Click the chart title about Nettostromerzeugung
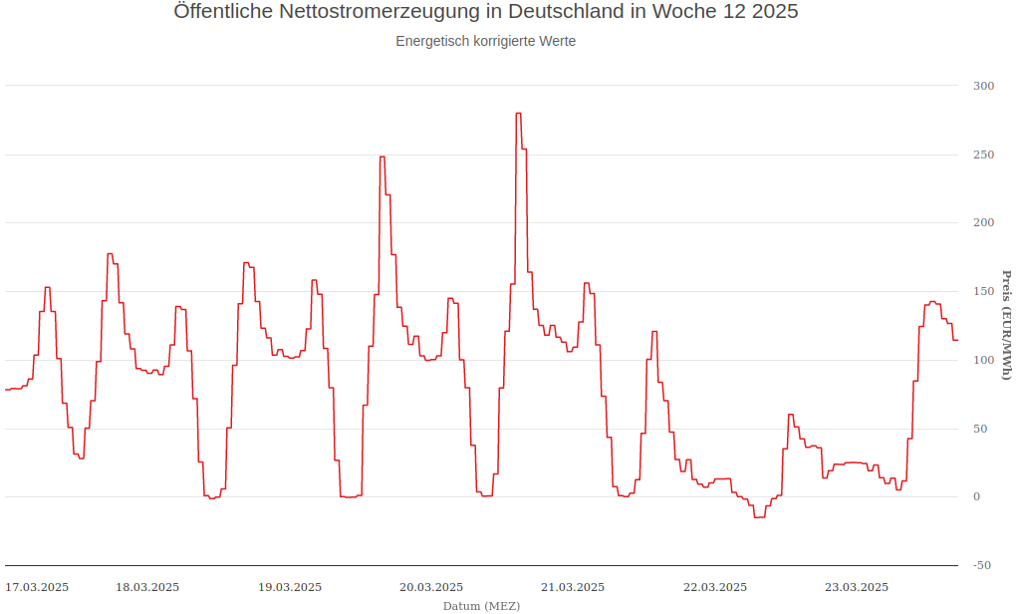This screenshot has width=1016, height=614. click(x=485, y=12)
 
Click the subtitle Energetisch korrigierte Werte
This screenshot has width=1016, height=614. click(x=485, y=42)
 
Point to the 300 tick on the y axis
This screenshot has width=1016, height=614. click(x=983, y=86)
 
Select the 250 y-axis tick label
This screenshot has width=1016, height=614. click(x=983, y=154)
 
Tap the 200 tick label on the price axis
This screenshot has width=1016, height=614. click(x=983, y=222)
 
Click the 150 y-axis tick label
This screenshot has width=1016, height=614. click(x=983, y=291)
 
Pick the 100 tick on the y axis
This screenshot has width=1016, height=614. click(x=983, y=360)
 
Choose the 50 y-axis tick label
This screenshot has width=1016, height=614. click(x=983, y=429)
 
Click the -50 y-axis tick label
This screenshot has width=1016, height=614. click(x=981, y=565)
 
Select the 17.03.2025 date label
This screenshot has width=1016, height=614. click(x=37, y=587)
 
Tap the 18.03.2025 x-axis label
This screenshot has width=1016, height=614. click(x=147, y=587)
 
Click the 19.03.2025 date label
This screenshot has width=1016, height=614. click(x=290, y=587)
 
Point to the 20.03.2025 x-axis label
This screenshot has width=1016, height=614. click(x=431, y=587)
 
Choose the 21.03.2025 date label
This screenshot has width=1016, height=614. click(x=573, y=587)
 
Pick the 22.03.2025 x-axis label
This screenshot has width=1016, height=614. click(x=714, y=587)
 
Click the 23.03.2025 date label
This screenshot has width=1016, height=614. click(x=856, y=587)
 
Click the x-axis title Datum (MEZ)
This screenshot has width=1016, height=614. click(x=481, y=605)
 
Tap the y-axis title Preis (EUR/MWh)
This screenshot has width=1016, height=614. click(x=1006, y=325)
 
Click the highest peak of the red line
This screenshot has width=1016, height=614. click(x=518, y=114)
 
